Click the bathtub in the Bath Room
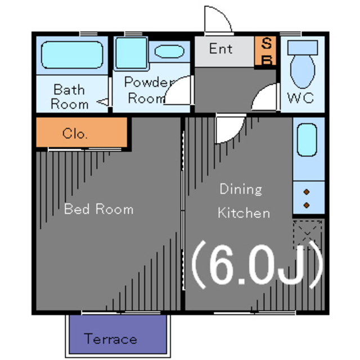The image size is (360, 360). pos(72,55)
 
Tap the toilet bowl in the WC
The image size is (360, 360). pos(303,71)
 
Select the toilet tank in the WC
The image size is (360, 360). pos(303,48)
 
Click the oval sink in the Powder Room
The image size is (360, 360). pos(169,51)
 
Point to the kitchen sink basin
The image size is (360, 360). pos(307,140)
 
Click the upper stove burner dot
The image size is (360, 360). pos(307,192)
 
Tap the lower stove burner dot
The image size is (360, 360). pos(307,205)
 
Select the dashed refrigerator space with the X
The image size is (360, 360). pos(308,235)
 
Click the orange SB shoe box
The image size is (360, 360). pos(265,51)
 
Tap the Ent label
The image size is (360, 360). pos(220,49)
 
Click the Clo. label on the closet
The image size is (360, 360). pos(75,133)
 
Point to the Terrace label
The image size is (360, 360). pos(110,339)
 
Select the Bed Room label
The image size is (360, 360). pos(99,209)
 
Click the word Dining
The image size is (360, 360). pos(241,189)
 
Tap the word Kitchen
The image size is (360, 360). pos(244,213)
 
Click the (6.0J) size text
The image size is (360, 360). pos(257,264)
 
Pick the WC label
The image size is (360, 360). pos(300,98)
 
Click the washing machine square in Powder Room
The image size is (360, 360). pos(131,53)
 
